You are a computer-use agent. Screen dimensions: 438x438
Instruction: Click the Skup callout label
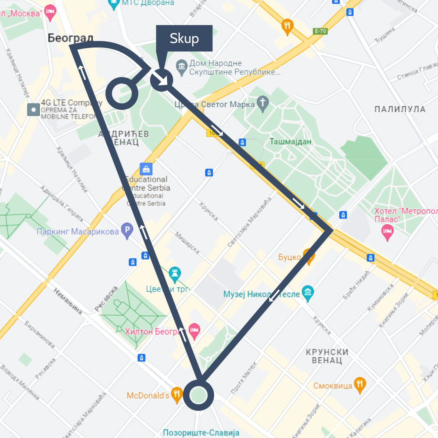point(184,39)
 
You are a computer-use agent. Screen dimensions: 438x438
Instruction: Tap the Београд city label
point(70,38)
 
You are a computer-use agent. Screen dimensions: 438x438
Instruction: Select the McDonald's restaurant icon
point(176,394)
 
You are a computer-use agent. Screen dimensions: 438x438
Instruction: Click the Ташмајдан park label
point(290,142)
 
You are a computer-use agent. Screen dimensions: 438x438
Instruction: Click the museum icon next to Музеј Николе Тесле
point(308,293)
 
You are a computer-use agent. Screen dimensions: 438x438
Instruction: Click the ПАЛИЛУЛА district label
point(400,109)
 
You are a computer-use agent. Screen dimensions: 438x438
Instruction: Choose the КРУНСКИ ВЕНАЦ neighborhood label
point(327,356)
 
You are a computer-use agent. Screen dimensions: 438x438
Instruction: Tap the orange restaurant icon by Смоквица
point(359,384)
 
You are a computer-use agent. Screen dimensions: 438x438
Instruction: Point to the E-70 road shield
point(320,31)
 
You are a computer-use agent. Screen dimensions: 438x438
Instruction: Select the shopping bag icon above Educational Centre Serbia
point(146,168)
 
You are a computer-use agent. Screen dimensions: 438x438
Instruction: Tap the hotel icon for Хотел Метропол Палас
point(388,232)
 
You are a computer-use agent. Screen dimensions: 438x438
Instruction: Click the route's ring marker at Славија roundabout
point(198,395)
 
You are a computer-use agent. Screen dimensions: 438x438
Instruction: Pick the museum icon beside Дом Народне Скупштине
point(181,65)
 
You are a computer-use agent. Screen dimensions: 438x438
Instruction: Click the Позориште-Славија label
point(201,433)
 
